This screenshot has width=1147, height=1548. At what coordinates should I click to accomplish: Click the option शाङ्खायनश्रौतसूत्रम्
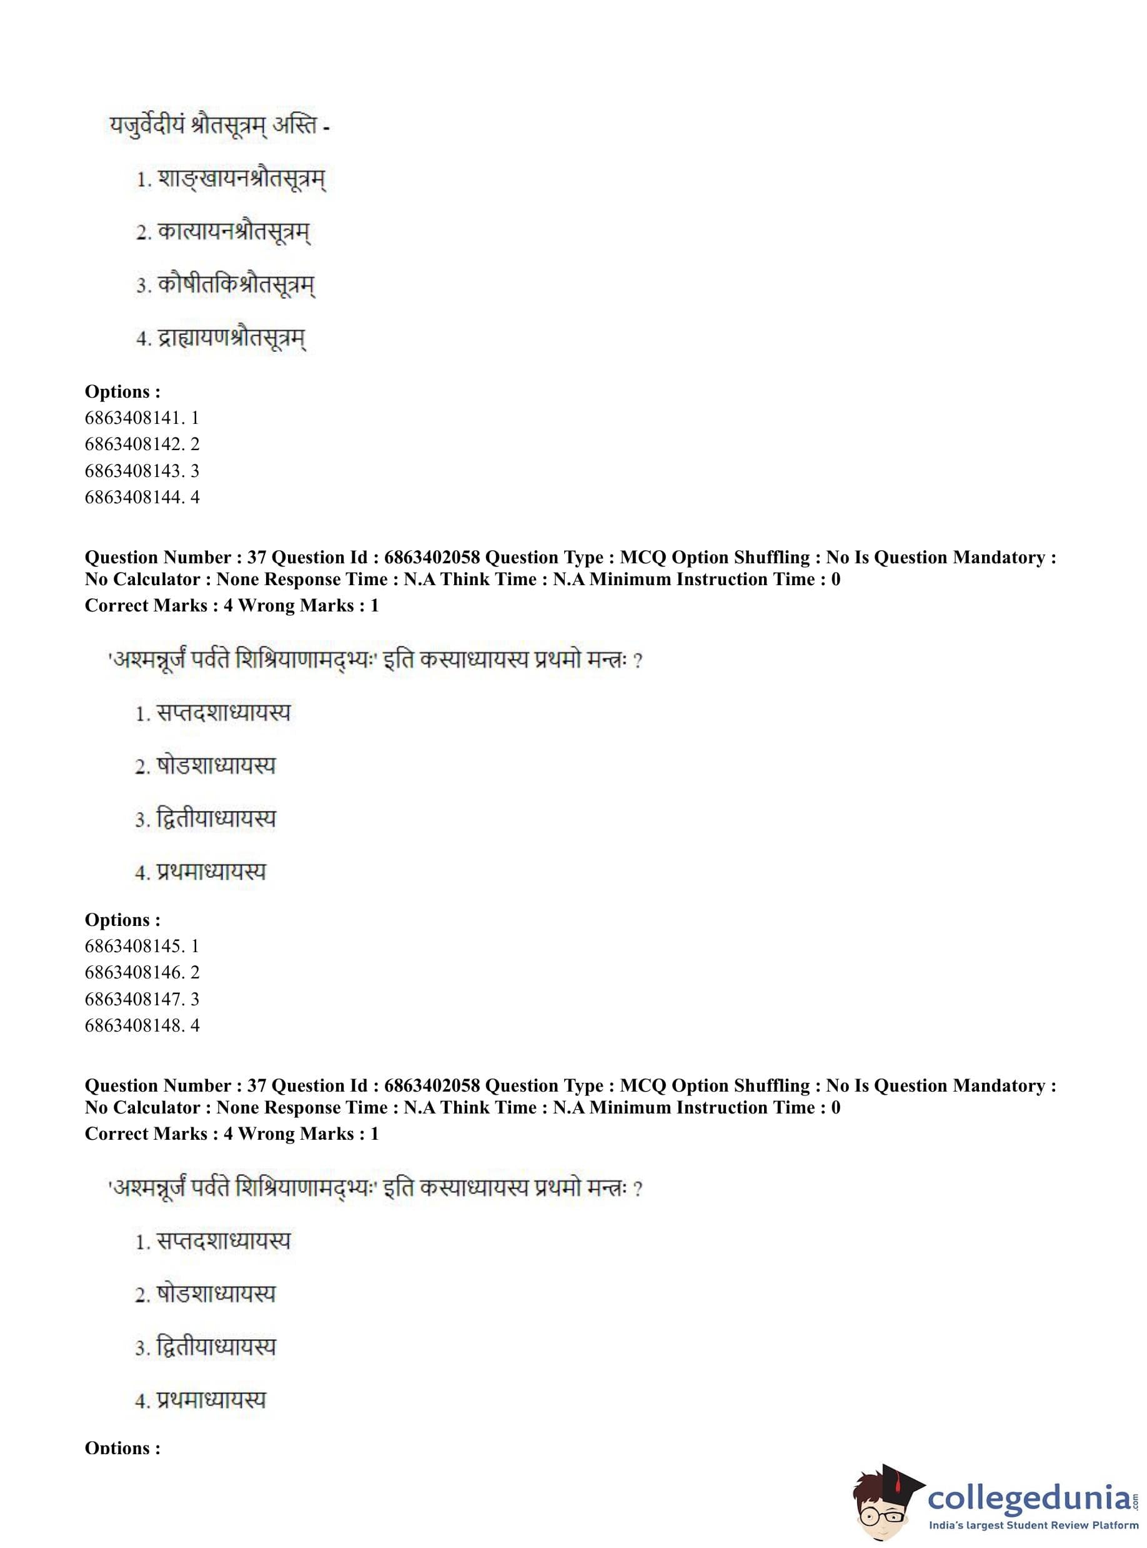click(241, 179)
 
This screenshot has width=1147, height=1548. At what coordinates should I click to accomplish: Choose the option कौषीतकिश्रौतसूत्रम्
click(236, 285)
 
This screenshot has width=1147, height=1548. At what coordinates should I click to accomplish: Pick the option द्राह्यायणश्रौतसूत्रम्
click(231, 338)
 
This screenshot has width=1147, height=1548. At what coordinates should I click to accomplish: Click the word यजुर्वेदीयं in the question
click(144, 126)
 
